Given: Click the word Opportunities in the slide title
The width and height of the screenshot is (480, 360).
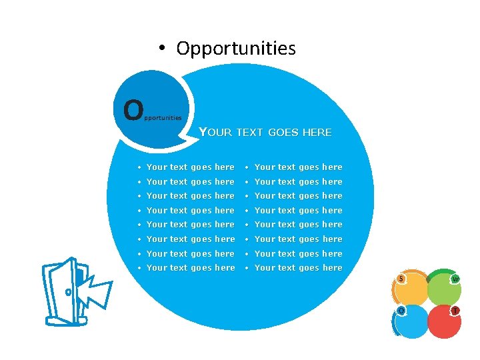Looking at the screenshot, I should [236, 49].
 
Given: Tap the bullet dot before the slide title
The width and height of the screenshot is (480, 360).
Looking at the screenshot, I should [161, 49].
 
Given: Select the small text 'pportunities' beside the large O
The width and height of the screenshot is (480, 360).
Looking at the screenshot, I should [163, 117].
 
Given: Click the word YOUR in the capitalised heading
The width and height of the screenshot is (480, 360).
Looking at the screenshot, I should [215, 132].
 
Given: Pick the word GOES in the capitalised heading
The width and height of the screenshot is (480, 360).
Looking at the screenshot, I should [283, 132].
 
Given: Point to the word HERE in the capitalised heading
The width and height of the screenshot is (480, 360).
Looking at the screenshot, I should [317, 132].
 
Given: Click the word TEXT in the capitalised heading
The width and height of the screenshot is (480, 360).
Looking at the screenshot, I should [250, 132].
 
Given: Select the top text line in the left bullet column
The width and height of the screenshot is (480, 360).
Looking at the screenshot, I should [190, 167].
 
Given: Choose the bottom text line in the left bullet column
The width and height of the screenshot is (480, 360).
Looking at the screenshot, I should [190, 268].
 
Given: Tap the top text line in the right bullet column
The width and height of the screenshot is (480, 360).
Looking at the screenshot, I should [298, 167].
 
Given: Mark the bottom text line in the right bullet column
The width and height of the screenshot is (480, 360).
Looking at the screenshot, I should [298, 268].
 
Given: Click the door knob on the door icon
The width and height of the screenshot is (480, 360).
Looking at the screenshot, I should [68, 292].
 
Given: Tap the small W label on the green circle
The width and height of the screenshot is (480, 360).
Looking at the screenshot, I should [455, 279].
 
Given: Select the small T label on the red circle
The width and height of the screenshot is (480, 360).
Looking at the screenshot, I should [455, 311].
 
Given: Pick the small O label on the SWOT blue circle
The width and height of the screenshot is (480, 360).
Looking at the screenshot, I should [401, 311].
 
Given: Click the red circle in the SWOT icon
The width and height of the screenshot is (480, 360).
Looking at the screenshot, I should [443, 323].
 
